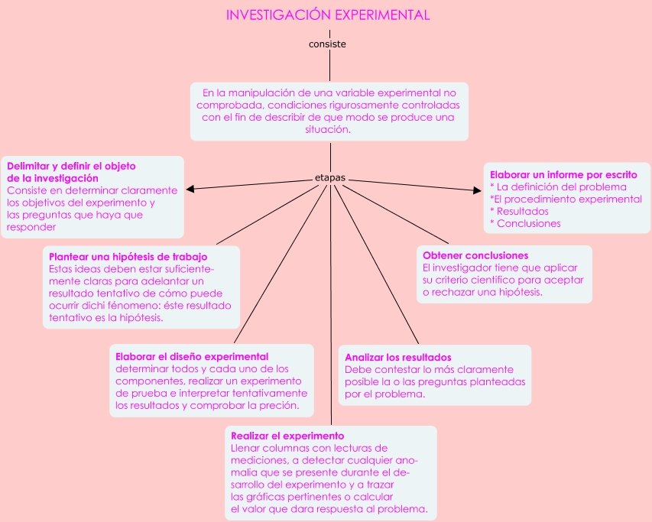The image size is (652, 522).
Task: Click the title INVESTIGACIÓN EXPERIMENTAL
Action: pyautogui.click(x=328, y=15)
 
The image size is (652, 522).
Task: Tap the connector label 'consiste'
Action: pyautogui.click(x=327, y=44)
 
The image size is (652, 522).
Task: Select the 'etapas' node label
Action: pyautogui.click(x=330, y=178)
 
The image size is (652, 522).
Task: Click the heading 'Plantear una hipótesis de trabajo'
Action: pyautogui.click(x=128, y=257)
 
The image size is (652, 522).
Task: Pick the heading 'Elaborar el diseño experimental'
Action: pyautogui.click(x=191, y=356)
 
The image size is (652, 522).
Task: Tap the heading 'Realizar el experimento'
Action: pyautogui.click(x=287, y=436)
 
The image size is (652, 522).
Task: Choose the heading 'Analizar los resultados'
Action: pyautogui.click(x=397, y=357)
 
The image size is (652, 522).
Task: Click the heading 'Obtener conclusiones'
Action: pyautogui.click(x=475, y=255)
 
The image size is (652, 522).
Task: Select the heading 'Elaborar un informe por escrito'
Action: pyautogui.click(x=563, y=175)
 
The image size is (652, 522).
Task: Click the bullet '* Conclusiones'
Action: pyautogui.click(x=525, y=224)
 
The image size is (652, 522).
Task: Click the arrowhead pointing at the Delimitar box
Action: pyautogui.click(x=190, y=189)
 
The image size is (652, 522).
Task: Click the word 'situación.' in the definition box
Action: pyautogui.click(x=329, y=130)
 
